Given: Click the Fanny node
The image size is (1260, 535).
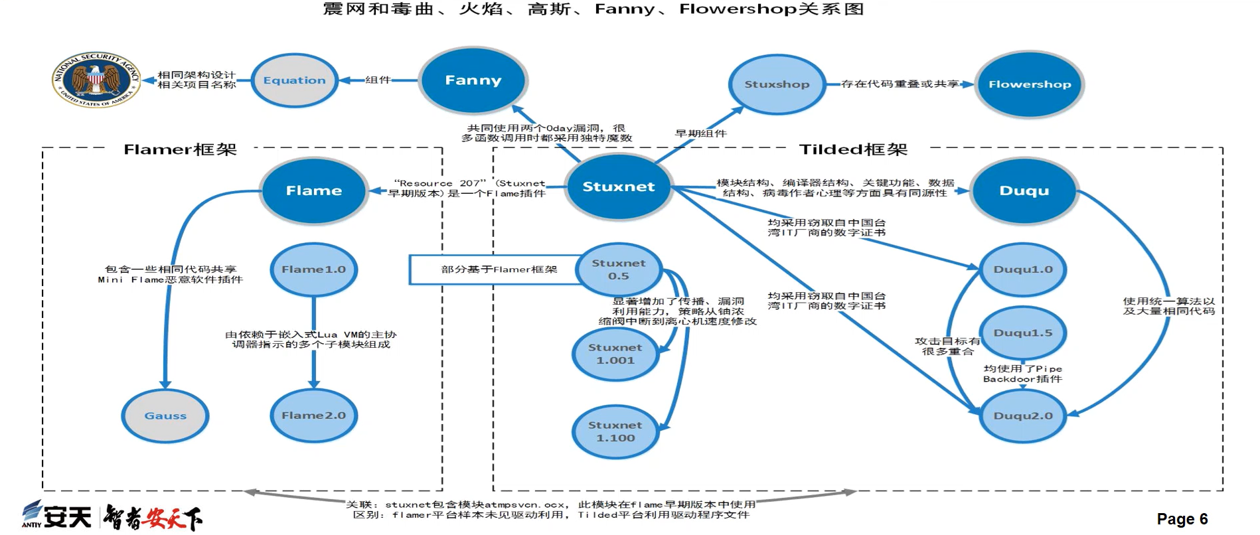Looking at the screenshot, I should tap(473, 80).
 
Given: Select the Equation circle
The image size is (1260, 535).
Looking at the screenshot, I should tap(294, 80).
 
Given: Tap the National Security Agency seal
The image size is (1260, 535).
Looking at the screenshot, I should tap(97, 80).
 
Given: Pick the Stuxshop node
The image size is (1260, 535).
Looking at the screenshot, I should tap(777, 84).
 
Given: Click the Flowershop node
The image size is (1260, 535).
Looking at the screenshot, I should tap(1029, 84).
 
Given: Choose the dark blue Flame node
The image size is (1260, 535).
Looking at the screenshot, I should tap(313, 191).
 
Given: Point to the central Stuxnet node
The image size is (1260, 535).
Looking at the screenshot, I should tap(618, 187).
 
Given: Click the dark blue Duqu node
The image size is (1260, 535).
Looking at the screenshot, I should tap(1024, 191).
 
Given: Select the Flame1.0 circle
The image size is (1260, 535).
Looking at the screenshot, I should tap(313, 269).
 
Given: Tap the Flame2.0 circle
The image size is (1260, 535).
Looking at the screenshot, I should tap(313, 416).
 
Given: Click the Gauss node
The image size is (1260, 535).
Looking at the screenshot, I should tap(165, 416).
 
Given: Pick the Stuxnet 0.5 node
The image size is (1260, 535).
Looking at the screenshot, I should tap(618, 269).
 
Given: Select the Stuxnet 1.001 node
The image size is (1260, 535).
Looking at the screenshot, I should tap(615, 354).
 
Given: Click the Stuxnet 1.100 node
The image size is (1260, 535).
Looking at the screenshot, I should tap(615, 431).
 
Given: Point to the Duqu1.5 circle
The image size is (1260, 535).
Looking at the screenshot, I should tap(1022, 333).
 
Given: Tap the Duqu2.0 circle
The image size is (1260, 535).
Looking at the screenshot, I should tap(1022, 416).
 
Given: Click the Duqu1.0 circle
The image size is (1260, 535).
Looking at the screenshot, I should tap(1022, 269).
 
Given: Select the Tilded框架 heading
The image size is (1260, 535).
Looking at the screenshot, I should tap(852, 149).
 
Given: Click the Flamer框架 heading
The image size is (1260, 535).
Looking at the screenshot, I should tap(180, 149).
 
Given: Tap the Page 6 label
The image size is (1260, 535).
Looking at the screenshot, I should tap(1182, 519).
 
